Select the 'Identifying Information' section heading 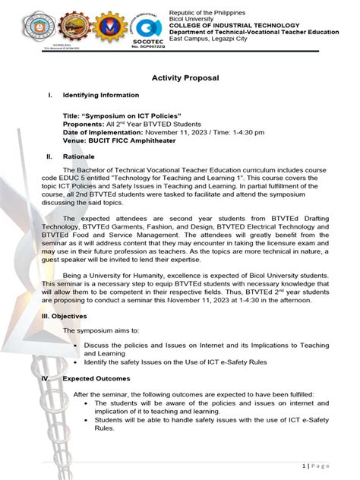101,96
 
